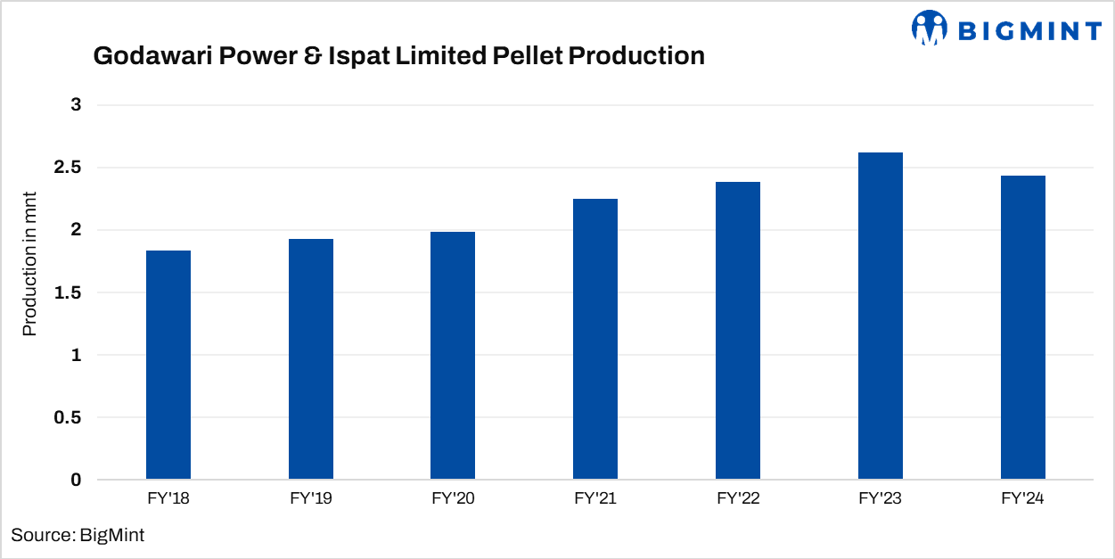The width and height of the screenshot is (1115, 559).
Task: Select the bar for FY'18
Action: coord(168,366)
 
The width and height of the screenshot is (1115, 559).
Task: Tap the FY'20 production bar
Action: coord(453,356)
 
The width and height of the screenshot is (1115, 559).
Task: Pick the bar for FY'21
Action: coord(595,340)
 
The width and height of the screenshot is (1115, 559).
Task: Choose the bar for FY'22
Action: coord(738,331)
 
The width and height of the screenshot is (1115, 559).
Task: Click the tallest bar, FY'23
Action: coord(881,316)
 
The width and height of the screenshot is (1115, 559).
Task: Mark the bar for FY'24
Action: coord(1023,328)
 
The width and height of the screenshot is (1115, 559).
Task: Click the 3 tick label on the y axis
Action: coord(76,105)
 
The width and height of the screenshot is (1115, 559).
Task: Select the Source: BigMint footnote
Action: coord(78,535)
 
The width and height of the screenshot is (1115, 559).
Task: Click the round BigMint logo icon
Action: coord(929,29)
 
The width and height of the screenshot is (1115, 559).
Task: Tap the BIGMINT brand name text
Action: coord(1029,31)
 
